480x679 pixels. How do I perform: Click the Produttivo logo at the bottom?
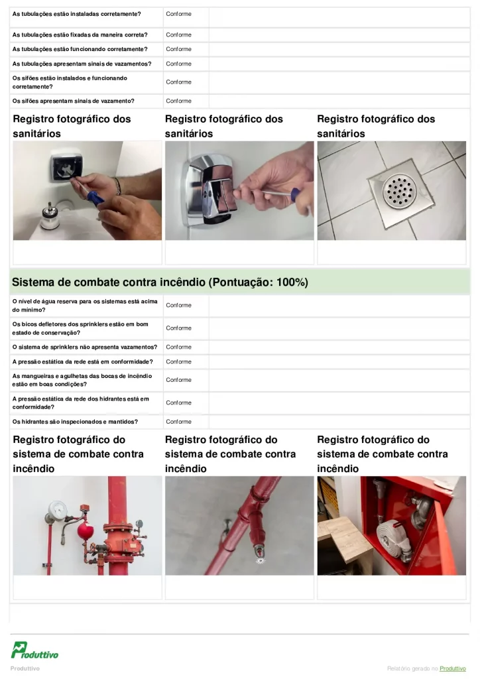[x=34, y=650]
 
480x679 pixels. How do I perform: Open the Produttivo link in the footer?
[x=454, y=668]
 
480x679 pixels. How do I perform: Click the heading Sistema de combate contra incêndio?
[x=160, y=282]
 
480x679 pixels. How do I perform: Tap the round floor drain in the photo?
[x=398, y=190]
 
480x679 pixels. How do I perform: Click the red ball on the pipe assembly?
[x=84, y=531]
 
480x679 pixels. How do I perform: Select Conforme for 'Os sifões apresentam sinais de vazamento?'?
[x=178, y=101]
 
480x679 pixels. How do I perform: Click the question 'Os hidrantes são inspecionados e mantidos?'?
[x=75, y=422]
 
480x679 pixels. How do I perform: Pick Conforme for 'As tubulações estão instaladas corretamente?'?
[x=178, y=14]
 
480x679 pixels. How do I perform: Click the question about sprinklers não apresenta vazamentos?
[x=85, y=347]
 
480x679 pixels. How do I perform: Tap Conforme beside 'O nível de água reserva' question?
[x=178, y=306]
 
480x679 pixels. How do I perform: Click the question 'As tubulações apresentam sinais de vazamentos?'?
[x=82, y=64]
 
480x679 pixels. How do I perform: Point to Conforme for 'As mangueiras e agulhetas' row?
[x=178, y=380]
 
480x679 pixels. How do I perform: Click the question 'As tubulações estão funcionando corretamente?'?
[x=80, y=50]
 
